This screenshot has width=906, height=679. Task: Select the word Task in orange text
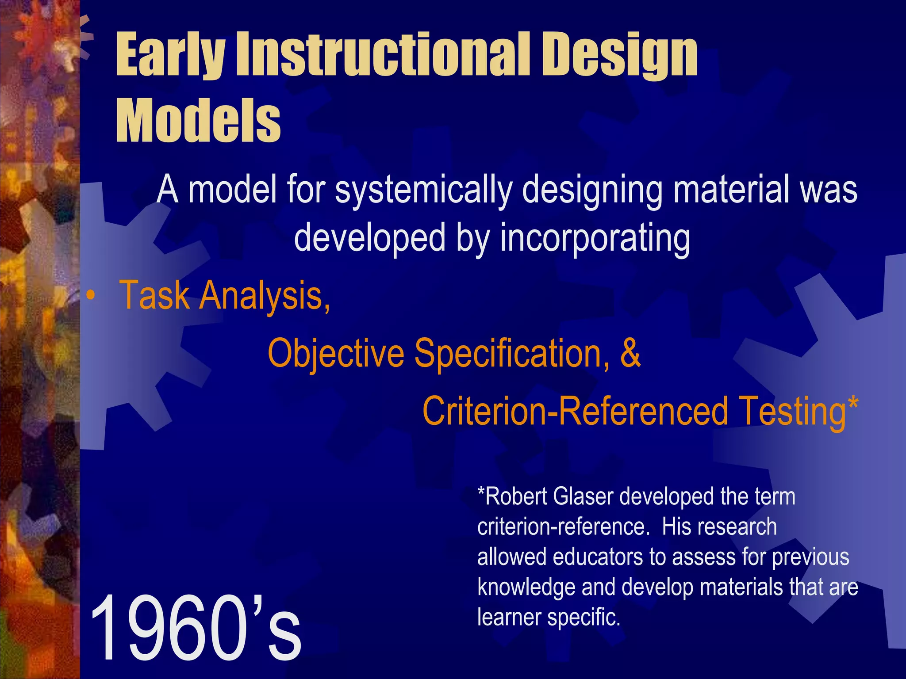tap(155, 295)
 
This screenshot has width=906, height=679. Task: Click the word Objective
tap(336, 354)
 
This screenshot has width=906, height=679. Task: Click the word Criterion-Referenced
tap(575, 411)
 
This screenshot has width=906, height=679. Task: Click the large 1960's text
tap(195, 628)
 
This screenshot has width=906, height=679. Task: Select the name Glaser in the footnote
tap(584, 496)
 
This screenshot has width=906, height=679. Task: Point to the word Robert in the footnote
tap(513, 496)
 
